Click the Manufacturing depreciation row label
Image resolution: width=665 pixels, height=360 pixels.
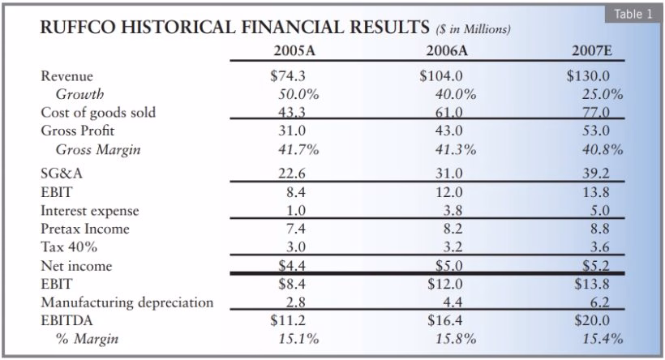click(127, 302)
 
